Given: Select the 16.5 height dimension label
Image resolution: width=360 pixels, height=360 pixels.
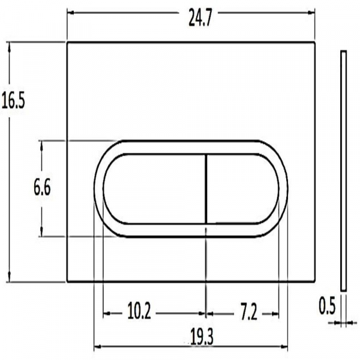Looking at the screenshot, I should tap(13, 101).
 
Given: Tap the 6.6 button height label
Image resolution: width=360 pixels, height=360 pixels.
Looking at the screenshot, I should tap(41, 189).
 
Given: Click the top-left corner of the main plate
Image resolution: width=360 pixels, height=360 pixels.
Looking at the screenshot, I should tap(67, 43).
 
